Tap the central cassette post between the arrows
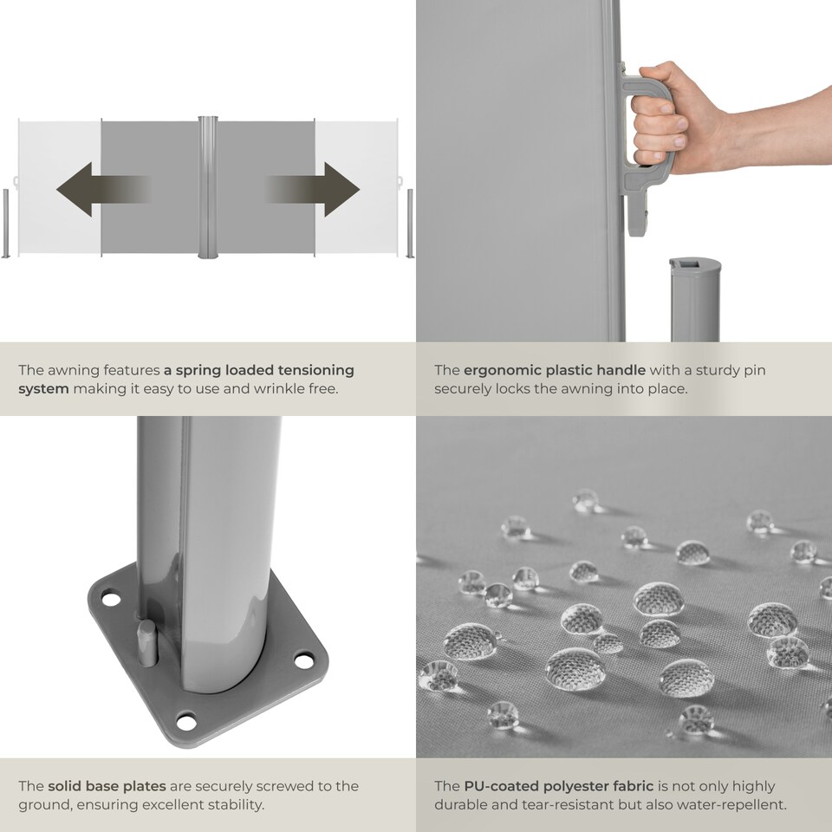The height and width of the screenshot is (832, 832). [x=208, y=187]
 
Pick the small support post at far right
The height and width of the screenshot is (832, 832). [x=410, y=223]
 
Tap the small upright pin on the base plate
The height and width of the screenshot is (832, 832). [x=148, y=642]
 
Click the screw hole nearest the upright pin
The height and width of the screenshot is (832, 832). [x=111, y=599]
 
